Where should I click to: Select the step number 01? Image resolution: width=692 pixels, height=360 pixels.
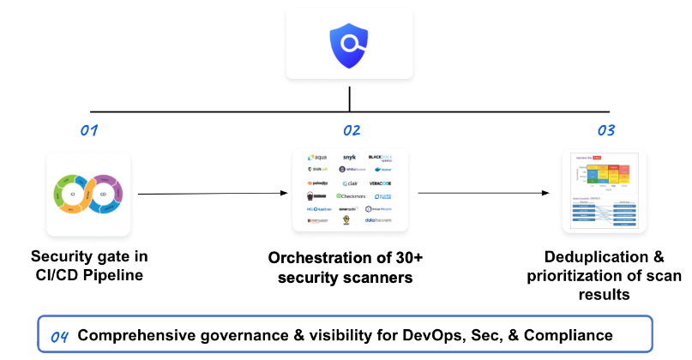[90, 131]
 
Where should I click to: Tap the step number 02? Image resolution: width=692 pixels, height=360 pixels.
[352, 131]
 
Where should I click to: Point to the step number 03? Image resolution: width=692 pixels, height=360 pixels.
[606, 131]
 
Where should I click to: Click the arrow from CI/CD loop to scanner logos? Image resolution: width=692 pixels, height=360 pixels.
[210, 194]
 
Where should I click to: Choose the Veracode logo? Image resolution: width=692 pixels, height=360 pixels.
[380, 183]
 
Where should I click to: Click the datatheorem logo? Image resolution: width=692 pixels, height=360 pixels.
[378, 221]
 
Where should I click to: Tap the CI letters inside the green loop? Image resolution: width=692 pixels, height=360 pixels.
[74, 195]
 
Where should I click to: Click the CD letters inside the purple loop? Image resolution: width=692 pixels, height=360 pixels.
[103, 195]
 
